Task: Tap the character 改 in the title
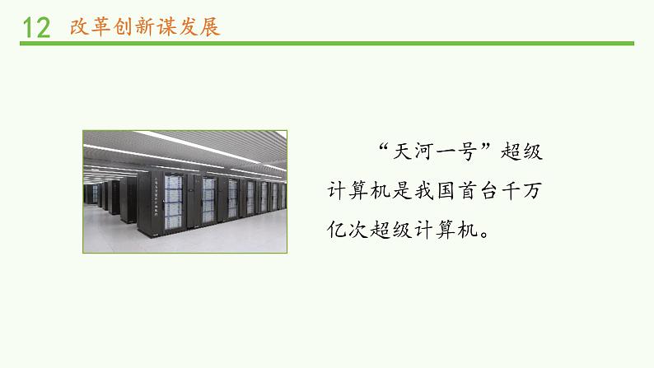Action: (x=80, y=26)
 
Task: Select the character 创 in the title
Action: (x=127, y=26)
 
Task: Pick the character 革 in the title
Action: (x=103, y=26)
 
